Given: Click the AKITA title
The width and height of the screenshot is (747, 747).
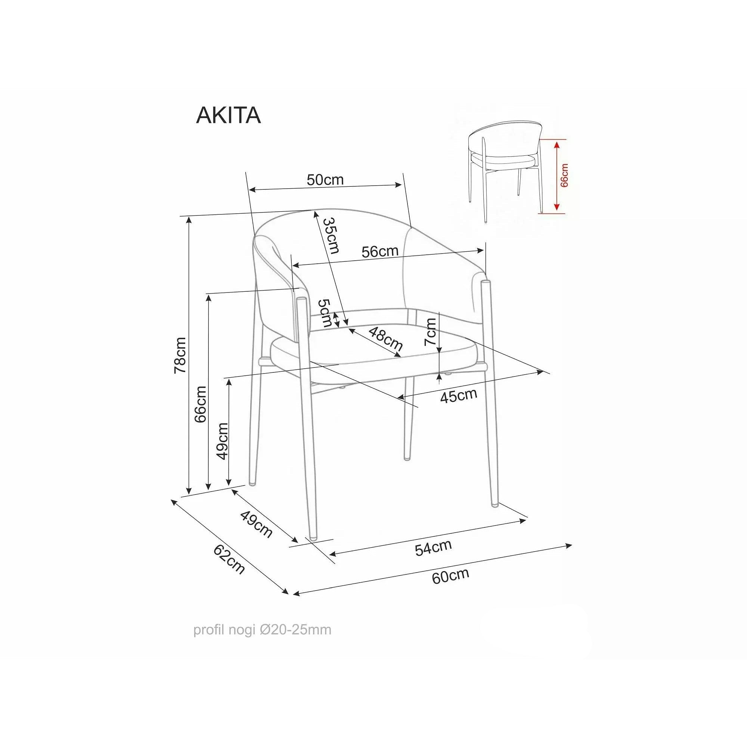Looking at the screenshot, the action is pyautogui.click(x=229, y=115).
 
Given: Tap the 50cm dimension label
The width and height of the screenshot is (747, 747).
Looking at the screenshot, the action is pyautogui.click(x=325, y=179).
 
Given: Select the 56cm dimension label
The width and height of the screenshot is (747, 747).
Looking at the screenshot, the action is pyautogui.click(x=380, y=252).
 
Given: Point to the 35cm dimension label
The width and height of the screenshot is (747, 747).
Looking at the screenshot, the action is pyautogui.click(x=331, y=235).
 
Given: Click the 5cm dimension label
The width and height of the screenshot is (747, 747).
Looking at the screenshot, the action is pyautogui.click(x=325, y=313).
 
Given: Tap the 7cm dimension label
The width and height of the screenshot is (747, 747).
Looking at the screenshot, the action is pyautogui.click(x=430, y=332).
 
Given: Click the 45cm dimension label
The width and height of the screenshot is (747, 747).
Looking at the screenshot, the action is pyautogui.click(x=459, y=396).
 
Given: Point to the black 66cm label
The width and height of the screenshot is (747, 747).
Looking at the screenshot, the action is pyautogui.click(x=201, y=404).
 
